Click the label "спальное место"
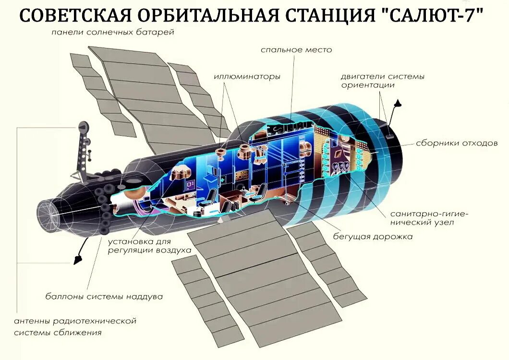pyautogui.click(x=296, y=49)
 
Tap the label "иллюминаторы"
pyautogui.click(x=247, y=76)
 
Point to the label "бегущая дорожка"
pyautogui.click(x=373, y=237)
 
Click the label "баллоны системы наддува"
pyautogui.click(x=104, y=296)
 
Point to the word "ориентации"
pyautogui.click(x=368, y=85)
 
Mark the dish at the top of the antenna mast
pyautogui.click(x=84, y=128)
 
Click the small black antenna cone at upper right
pyautogui.click(x=398, y=103)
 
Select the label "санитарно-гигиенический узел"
pyautogui.click(x=422, y=217)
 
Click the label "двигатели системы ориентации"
pyautogui.click(x=382, y=81)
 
